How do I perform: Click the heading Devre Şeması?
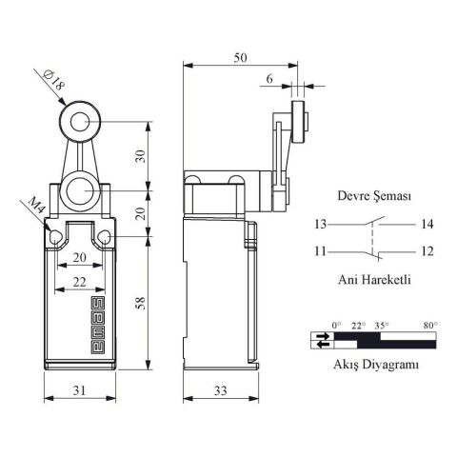point(374,195)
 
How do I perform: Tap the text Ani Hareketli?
point(374,281)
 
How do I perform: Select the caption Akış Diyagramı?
point(374,365)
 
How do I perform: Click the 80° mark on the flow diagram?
point(430,325)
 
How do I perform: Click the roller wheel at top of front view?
point(79,121)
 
